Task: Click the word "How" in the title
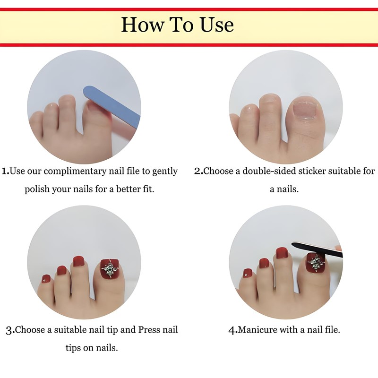(x=142, y=25)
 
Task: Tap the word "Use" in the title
(x=216, y=25)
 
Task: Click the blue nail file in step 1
(x=112, y=104)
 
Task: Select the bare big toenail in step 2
(x=304, y=109)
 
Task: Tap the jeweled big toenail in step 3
(x=110, y=269)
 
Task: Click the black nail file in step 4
(x=317, y=249)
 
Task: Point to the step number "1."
(x=6, y=171)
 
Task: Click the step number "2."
(x=198, y=171)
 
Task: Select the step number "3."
(x=10, y=330)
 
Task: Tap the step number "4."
(x=233, y=330)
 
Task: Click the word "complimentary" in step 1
(x=75, y=172)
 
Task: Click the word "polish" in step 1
(x=37, y=189)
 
